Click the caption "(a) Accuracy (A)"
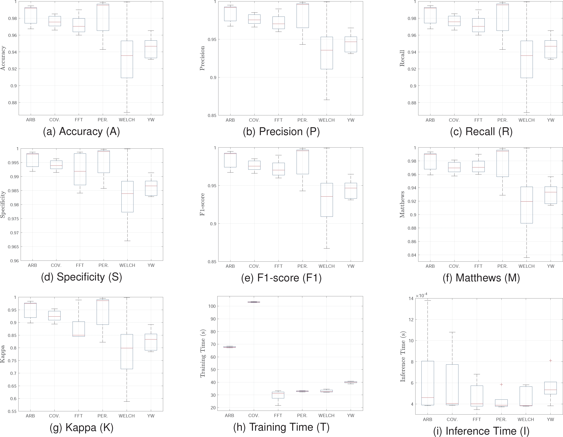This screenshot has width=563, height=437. pyautogui.click(x=81, y=132)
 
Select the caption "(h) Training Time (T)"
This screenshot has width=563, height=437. pyautogui.click(x=281, y=427)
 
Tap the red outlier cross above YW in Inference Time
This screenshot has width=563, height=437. pyautogui.click(x=550, y=360)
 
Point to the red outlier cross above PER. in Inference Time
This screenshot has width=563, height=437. pyautogui.click(x=501, y=384)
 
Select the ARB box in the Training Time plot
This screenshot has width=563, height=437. pyautogui.click(x=229, y=347)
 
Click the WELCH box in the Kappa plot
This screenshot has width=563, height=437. pyautogui.click(x=127, y=352)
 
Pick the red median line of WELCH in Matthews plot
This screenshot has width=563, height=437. pyautogui.click(x=526, y=201)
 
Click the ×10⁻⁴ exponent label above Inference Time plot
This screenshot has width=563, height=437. pyautogui.click(x=422, y=295)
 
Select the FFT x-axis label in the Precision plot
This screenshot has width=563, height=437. pyautogui.click(x=278, y=120)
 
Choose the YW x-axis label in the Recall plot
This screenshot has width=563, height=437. pyautogui.click(x=550, y=120)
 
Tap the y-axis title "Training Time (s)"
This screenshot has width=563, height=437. pyautogui.click(x=203, y=353)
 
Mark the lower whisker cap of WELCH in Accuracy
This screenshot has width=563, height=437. pyautogui.click(x=127, y=112)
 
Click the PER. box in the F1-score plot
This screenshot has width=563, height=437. pyautogui.click(x=302, y=162)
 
